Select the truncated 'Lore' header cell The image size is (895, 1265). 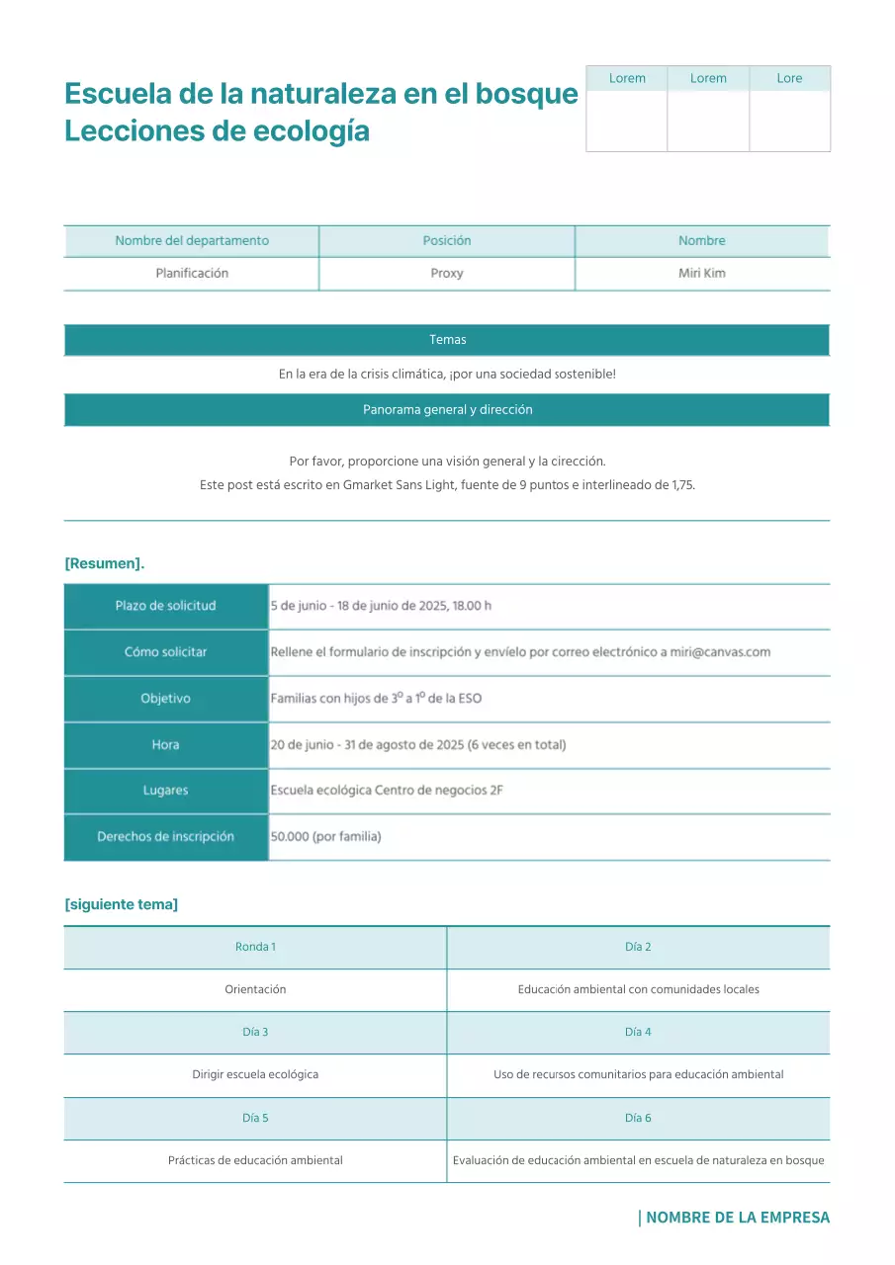point(789,78)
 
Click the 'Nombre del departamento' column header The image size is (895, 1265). point(192,241)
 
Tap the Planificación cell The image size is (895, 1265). point(192,274)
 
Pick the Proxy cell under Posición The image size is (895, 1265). point(447,274)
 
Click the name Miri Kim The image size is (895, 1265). point(702,274)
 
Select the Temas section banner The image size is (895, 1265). point(447,340)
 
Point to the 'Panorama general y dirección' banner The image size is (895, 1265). point(447,410)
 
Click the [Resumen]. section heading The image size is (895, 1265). point(105,563)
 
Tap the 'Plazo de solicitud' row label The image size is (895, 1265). point(165,606)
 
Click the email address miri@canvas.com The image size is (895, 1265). point(720,652)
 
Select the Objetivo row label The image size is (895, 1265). point(165,699)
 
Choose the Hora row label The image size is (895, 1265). point(165,745)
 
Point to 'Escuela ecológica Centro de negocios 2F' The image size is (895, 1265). point(387,791)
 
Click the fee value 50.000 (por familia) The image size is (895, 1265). point(325,837)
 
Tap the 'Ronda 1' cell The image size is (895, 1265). point(255,947)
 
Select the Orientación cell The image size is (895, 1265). point(255,989)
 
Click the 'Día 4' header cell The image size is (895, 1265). point(638,1032)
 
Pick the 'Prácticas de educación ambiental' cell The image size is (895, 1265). point(255,1160)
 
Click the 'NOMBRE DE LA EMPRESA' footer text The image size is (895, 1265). point(737,1218)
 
